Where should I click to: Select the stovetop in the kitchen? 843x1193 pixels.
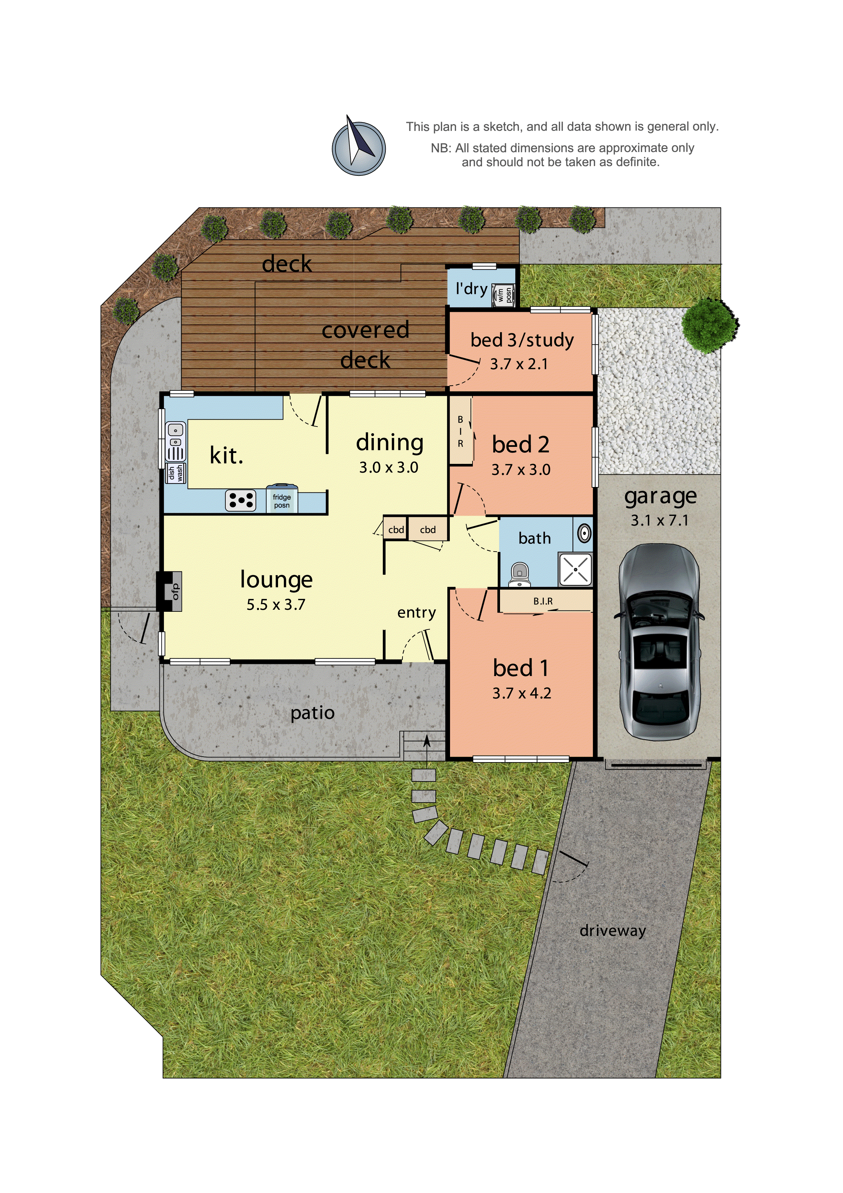[x=240, y=500]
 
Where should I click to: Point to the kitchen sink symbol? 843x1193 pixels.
[x=175, y=442]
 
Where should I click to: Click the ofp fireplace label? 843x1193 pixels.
[x=175, y=591]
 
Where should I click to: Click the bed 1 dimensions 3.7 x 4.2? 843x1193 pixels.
[x=521, y=693]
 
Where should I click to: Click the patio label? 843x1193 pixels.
[x=312, y=712]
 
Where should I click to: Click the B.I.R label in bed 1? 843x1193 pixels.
[x=543, y=601]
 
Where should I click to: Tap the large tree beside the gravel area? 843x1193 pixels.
[x=709, y=324]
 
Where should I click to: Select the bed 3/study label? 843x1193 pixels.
[x=522, y=340]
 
